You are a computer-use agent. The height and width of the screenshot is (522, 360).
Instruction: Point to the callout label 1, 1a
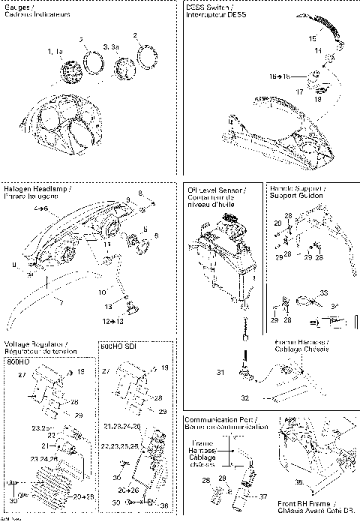(55, 50)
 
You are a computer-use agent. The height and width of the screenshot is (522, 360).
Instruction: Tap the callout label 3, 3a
(110, 46)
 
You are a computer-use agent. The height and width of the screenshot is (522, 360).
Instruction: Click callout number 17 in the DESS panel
(299, 91)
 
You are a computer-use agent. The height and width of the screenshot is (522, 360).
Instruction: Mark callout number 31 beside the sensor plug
(220, 372)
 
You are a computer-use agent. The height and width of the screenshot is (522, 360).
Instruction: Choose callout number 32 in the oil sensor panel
(244, 397)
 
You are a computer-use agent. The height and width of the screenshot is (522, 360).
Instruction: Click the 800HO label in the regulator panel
(17, 361)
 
